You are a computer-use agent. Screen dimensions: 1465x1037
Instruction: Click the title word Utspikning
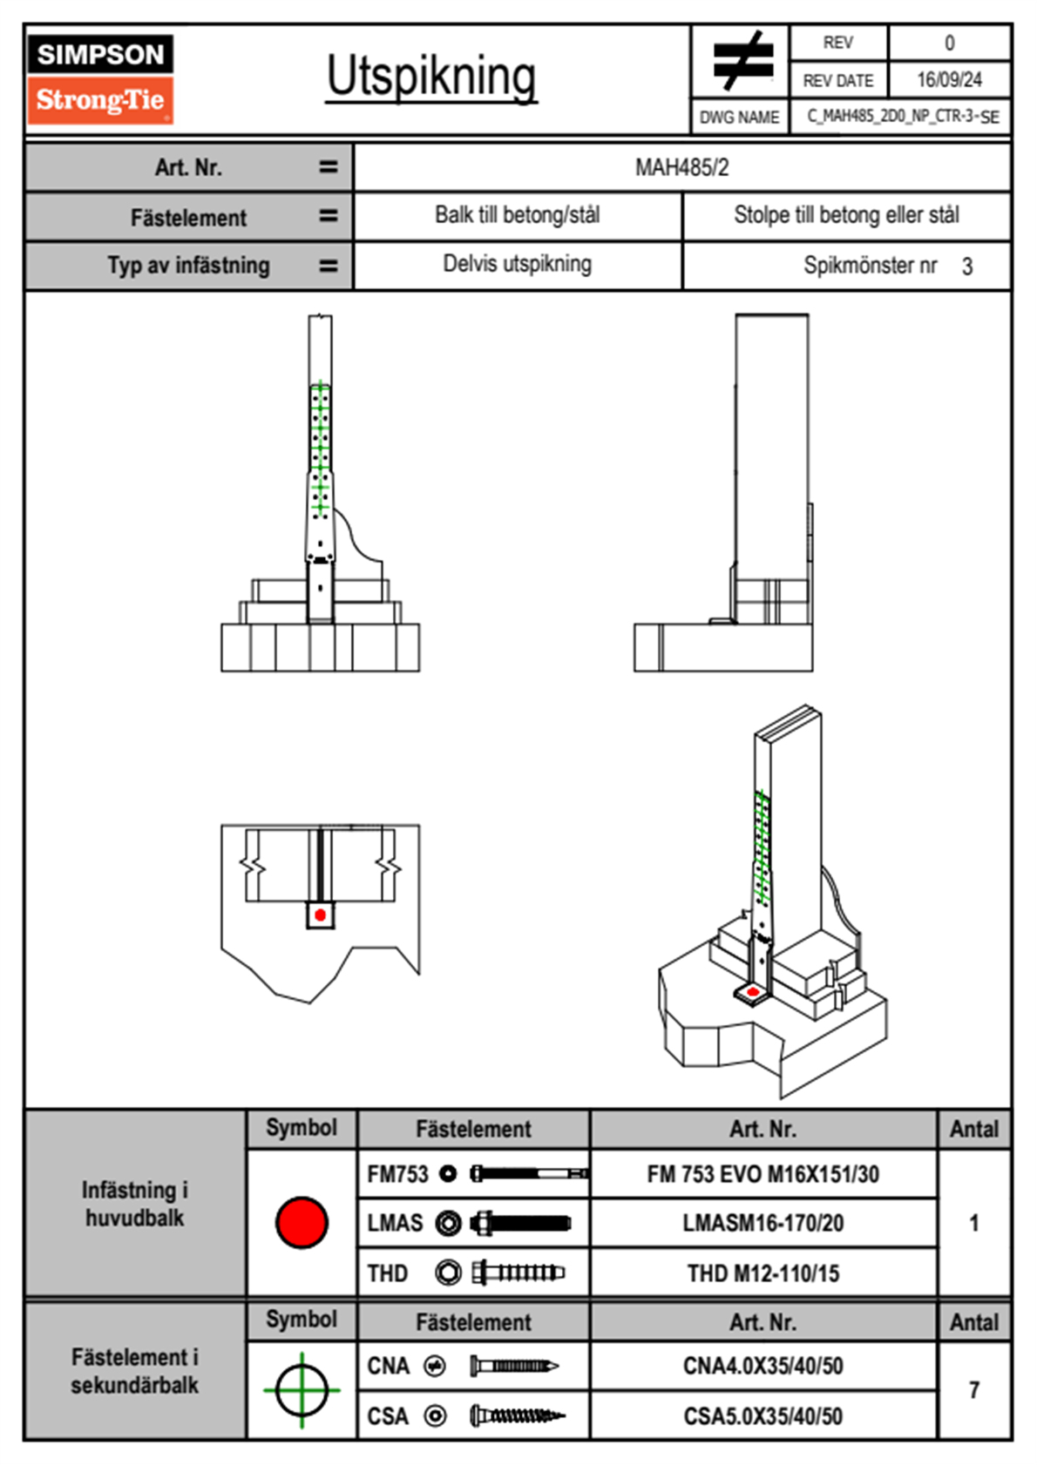(431, 77)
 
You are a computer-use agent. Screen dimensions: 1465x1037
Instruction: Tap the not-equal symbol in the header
(742, 61)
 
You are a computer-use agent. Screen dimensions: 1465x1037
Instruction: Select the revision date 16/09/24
(949, 80)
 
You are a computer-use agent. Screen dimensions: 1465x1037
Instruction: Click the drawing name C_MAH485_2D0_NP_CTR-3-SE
(902, 117)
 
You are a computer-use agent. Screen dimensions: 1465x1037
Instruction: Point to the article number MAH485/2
(681, 167)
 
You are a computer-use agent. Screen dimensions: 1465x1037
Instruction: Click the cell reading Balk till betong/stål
(518, 215)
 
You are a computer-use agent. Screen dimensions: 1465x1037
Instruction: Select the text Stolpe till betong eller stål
(846, 215)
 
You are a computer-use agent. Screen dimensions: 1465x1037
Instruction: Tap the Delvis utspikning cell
(518, 264)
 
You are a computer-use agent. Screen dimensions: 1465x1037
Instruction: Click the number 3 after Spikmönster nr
(967, 267)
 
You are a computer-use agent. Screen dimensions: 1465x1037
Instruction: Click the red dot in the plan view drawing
(321, 915)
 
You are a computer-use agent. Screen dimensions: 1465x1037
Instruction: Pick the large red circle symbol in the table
(302, 1222)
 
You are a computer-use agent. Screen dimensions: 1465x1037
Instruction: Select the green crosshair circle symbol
(302, 1390)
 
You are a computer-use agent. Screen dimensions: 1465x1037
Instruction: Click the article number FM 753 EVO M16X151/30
(763, 1175)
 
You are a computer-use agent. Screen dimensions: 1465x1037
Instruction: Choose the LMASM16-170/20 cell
(763, 1224)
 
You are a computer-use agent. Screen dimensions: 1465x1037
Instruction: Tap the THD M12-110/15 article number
(763, 1273)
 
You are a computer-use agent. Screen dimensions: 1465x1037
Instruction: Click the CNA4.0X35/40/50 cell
(763, 1366)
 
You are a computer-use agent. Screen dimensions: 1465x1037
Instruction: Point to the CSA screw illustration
(516, 1416)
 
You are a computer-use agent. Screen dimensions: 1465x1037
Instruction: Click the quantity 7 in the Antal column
(974, 1390)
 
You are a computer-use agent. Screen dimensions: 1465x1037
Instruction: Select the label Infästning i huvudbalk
(135, 1204)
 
